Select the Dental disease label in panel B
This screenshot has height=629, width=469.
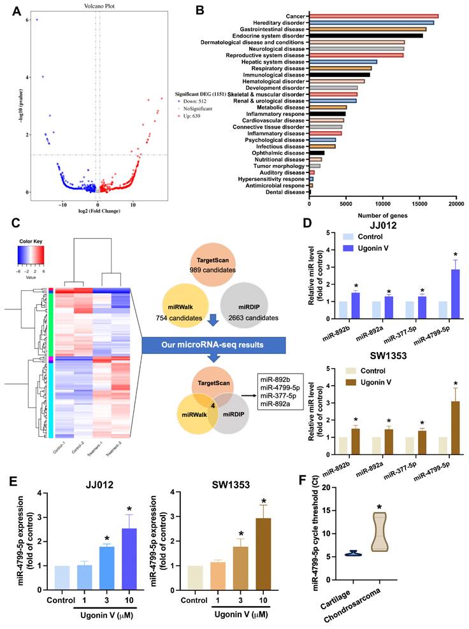286,192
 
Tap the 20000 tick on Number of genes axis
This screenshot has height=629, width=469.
456,205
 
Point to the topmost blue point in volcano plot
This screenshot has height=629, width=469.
36,20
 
